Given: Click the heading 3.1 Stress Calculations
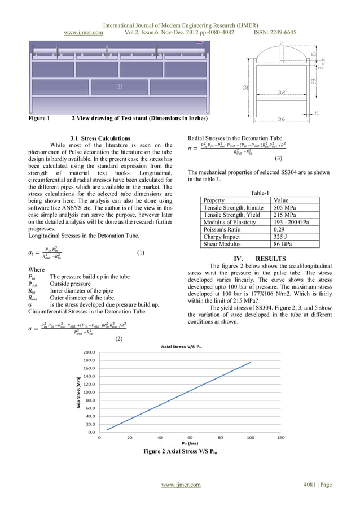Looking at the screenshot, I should [x=99, y=138].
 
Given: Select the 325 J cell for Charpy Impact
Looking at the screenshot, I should [x=280, y=237].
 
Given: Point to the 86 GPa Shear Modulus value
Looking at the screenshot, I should [x=282, y=245].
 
